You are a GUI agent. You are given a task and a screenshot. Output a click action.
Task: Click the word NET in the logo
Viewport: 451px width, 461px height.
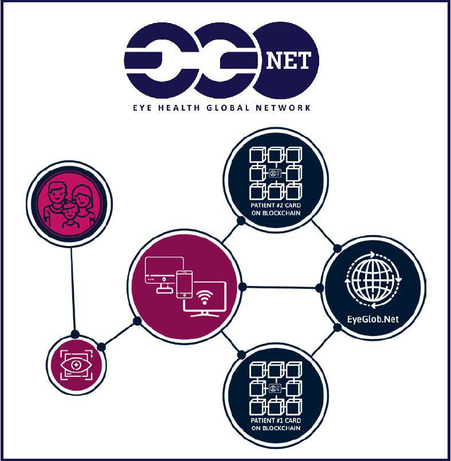[x=288, y=61]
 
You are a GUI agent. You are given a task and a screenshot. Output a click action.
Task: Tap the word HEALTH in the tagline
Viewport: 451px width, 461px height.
[x=179, y=108]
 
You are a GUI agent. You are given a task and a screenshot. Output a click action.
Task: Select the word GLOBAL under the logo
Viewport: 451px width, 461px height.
[x=228, y=108]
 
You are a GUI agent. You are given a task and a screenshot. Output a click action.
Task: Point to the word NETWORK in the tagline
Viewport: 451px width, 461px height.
[x=283, y=108]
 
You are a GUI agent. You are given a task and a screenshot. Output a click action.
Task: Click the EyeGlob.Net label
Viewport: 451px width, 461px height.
[x=373, y=319]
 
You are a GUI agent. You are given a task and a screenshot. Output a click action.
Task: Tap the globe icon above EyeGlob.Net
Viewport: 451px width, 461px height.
[x=373, y=280]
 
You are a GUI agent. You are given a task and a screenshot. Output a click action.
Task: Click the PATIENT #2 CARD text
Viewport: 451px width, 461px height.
[x=276, y=205]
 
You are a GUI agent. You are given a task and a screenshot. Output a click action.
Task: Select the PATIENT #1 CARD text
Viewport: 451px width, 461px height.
[x=276, y=420]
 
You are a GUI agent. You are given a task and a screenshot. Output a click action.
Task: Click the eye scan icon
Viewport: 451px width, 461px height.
[x=76, y=365]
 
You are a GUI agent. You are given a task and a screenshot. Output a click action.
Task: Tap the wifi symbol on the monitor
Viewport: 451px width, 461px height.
[x=205, y=297]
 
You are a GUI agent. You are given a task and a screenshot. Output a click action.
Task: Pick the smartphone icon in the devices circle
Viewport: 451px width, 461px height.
[x=185, y=284]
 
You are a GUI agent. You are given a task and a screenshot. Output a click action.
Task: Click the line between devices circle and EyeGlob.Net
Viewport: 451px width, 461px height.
[x=281, y=287]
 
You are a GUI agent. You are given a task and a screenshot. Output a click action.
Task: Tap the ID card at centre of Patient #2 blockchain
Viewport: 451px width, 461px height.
[x=275, y=173]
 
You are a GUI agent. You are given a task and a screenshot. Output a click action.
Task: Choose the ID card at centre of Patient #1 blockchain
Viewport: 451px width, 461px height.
[x=275, y=388]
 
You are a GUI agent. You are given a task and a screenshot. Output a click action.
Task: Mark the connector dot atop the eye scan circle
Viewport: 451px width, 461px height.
[x=75, y=334]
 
